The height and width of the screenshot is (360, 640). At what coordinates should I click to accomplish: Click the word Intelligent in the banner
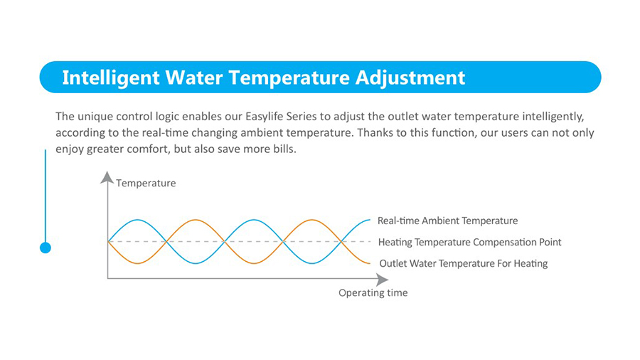coord(111,78)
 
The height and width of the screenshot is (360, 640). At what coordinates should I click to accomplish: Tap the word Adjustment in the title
coord(410,78)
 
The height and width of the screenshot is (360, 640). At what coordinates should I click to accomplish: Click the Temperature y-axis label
coord(146,184)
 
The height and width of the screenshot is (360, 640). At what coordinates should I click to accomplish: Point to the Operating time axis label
coord(373,293)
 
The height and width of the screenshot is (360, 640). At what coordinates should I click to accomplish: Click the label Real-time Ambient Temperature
coord(447,221)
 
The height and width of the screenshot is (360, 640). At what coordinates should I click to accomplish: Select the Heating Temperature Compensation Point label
coord(470,243)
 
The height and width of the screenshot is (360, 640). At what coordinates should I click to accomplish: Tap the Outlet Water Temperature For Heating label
coord(464,264)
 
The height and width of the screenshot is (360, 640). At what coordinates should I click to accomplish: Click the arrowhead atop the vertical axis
coord(107,177)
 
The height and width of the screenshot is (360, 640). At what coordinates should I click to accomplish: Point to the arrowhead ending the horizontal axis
coord(382,280)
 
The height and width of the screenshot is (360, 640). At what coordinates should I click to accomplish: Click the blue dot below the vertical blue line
coord(46,248)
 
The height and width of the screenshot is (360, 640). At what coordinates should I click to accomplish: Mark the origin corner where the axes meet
coord(108,278)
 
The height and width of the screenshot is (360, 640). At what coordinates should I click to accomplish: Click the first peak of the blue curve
coord(137,220)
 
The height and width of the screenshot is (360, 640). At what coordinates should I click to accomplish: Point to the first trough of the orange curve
coord(137,263)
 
